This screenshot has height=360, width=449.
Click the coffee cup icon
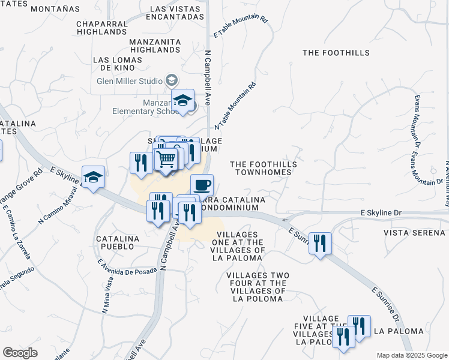[202, 184]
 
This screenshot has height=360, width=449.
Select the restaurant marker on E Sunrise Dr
[320, 243]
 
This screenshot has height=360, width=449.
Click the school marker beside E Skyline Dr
[93, 177]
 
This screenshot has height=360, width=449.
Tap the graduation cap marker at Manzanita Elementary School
[183, 100]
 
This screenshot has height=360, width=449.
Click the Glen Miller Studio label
[130, 81]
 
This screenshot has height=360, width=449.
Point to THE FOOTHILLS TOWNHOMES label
[261, 168]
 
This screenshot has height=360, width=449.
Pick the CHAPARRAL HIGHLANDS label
[109, 28]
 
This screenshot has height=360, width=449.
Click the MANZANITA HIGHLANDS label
[155, 46]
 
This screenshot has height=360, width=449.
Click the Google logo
[20, 353]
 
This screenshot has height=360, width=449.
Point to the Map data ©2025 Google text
[411, 355]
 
